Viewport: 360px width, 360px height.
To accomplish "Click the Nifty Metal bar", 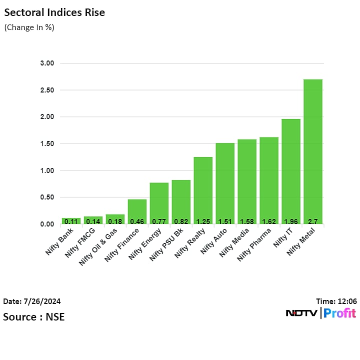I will tap(312, 150).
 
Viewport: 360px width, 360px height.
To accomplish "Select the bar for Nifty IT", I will tap(290, 170).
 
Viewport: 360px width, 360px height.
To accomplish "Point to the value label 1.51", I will tap(225, 220).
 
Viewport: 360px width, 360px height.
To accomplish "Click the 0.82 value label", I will tap(181, 220).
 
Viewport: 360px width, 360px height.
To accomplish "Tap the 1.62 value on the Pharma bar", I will tap(269, 220).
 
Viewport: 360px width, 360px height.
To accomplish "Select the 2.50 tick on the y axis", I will tap(47, 90).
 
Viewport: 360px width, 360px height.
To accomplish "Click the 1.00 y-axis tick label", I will tap(47, 170).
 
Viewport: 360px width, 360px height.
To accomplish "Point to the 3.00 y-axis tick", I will tap(47, 63).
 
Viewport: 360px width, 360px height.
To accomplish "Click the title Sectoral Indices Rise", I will tap(54, 12).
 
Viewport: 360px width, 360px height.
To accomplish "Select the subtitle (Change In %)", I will tap(29, 27).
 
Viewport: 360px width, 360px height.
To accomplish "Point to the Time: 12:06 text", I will tap(336, 301).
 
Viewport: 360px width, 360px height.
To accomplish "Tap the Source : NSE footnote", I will tap(33, 316).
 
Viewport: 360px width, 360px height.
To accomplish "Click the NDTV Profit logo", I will tap(320, 313).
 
